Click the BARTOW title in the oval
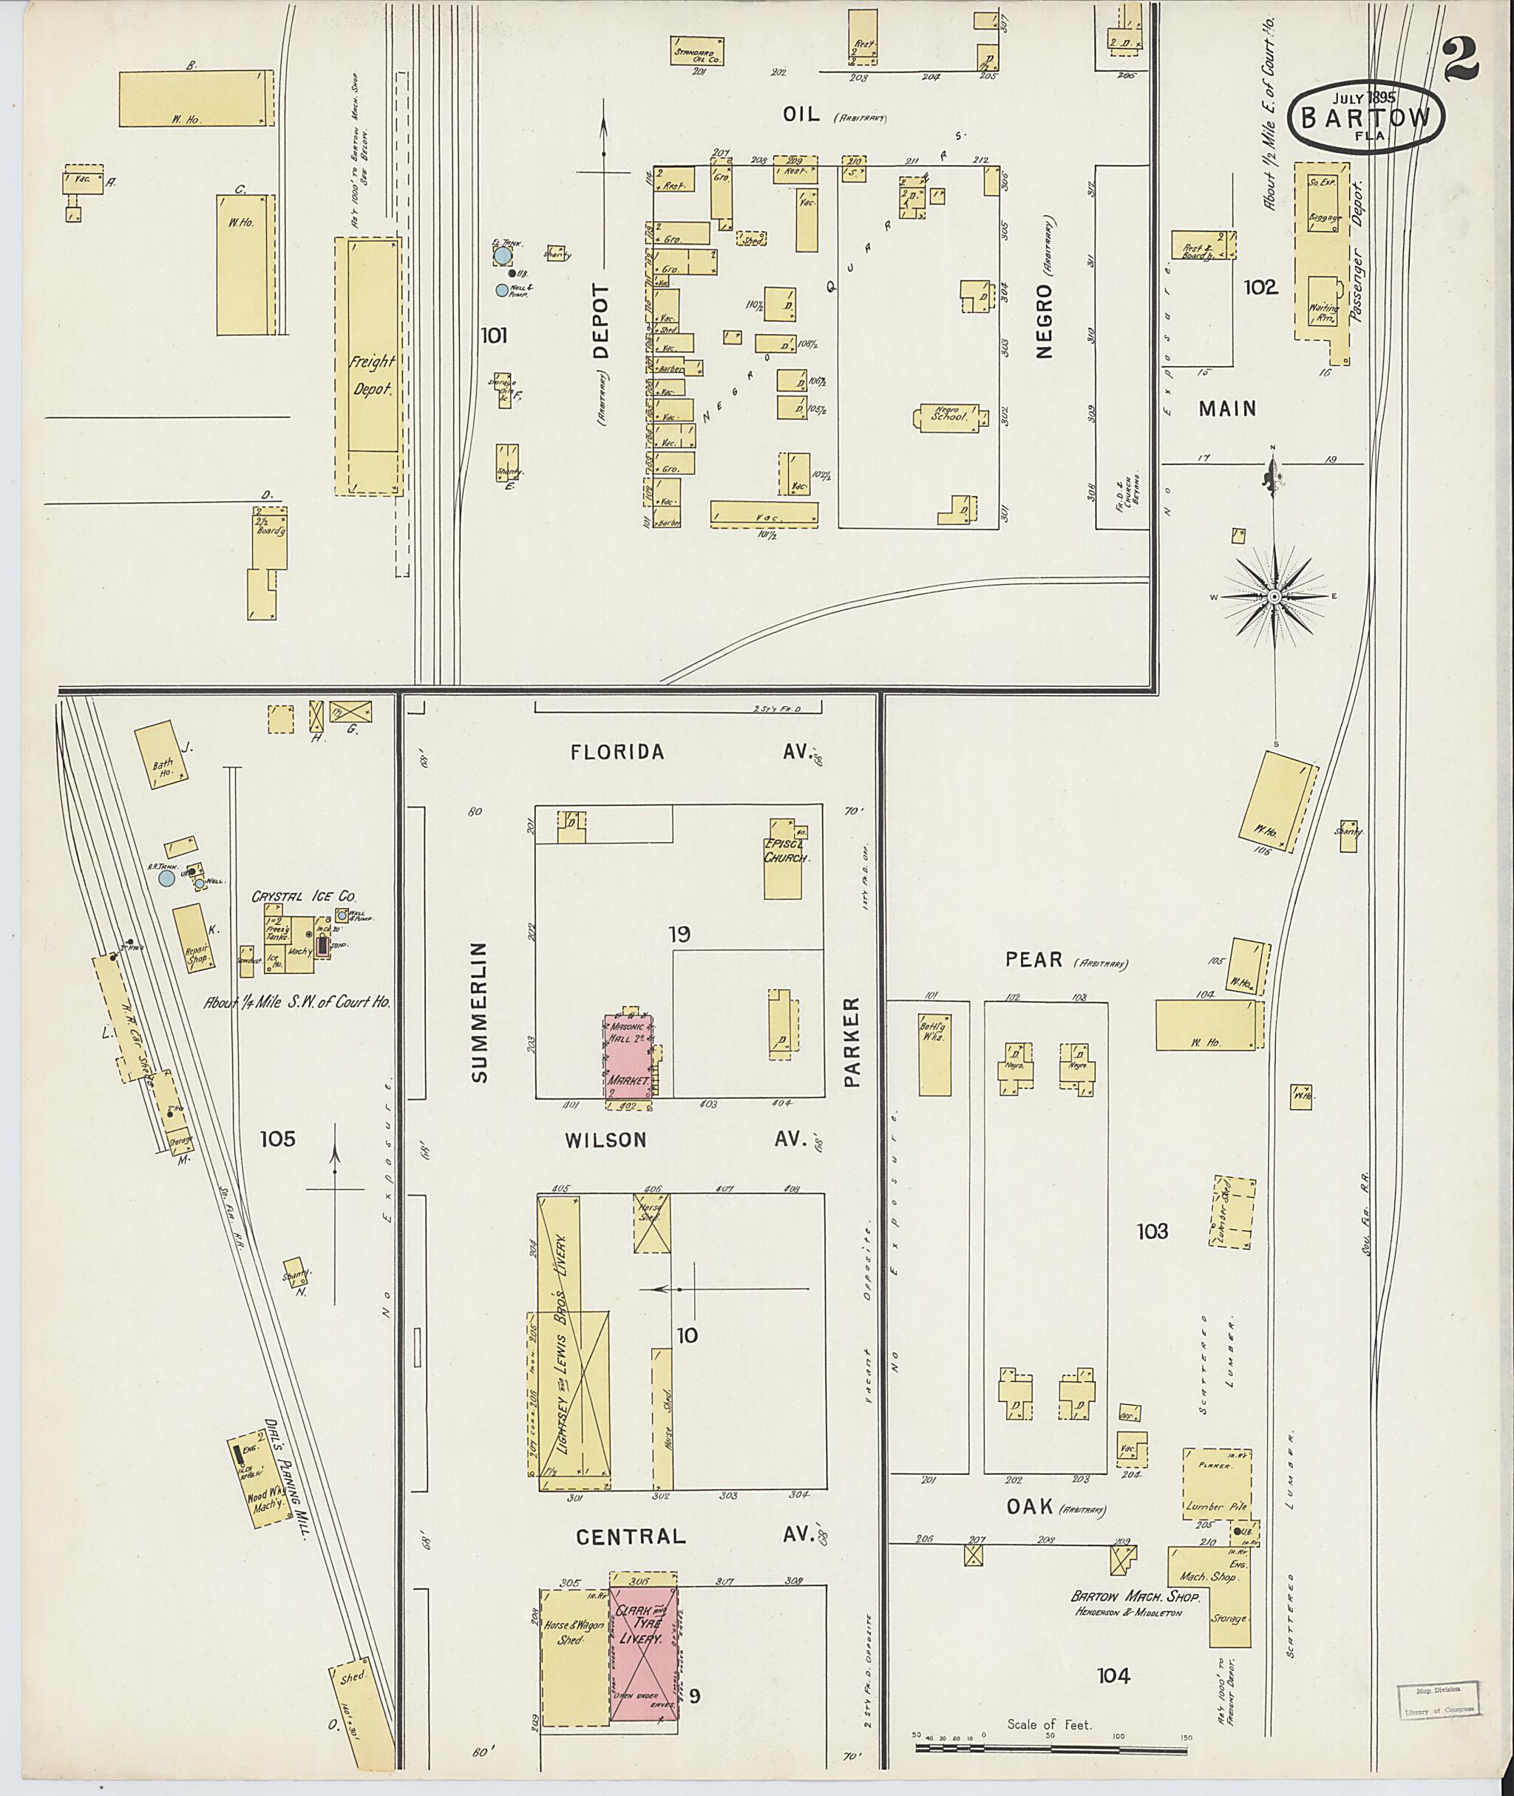pos(1365,118)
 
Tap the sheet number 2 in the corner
pos(1459,61)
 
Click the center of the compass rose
pos(1274,596)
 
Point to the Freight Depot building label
pos(373,374)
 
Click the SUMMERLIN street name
pos(479,1012)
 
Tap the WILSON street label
pos(605,1140)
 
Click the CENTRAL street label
pos(631,1536)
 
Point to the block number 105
pos(277,1139)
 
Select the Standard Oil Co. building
pos(696,52)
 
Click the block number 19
pos(679,933)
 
